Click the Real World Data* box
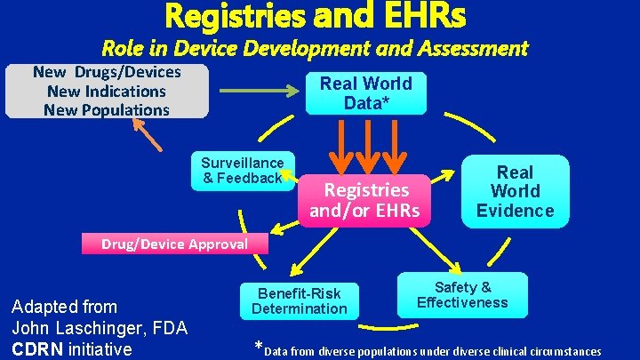coord(365,92)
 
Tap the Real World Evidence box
coord(515,191)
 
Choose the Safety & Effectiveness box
coord(462,295)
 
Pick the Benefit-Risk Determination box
coord(299,300)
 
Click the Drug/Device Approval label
coord(174,244)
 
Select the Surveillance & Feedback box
coord(242,170)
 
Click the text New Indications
coord(106,92)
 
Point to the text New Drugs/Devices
coord(106,72)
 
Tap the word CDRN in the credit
coord(36,348)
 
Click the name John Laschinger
coord(76,328)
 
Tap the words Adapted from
coord(63,308)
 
